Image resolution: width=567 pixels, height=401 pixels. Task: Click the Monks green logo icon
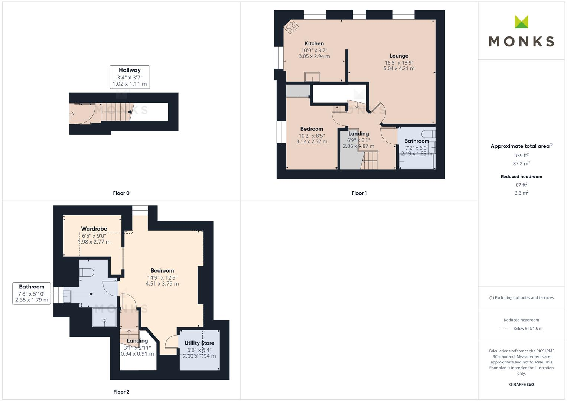click(x=521, y=22)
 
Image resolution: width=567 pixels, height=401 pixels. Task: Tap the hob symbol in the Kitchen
click(x=291, y=27)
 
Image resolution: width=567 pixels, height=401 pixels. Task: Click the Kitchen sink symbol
click(x=312, y=77)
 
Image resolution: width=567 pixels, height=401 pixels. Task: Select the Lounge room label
click(x=399, y=56)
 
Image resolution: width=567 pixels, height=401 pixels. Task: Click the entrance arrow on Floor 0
click(x=72, y=114)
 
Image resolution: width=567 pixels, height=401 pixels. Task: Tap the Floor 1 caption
click(x=359, y=193)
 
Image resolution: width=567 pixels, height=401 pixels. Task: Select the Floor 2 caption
click(x=121, y=392)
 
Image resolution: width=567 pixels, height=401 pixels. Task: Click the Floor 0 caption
click(x=121, y=193)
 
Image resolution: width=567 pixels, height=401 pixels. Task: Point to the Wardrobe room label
click(x=94, y=229)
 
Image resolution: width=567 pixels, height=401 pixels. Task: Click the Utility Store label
click(x=199, y=343)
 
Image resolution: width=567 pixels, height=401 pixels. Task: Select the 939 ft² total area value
click(x=521, y=156)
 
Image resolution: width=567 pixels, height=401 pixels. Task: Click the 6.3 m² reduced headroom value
click(x=521, y=193)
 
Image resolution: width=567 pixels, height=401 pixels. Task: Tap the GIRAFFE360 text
click(x=521, y=385)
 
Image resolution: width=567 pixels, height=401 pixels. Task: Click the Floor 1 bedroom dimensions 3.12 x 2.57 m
click(x=312, y=141)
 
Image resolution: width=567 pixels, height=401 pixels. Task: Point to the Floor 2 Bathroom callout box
click(x=32, y=293)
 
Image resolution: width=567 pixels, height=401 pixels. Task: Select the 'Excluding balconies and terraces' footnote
click(x=521, y=298)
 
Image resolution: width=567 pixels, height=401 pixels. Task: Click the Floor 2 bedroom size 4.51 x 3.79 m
click(x=162, y=284)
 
